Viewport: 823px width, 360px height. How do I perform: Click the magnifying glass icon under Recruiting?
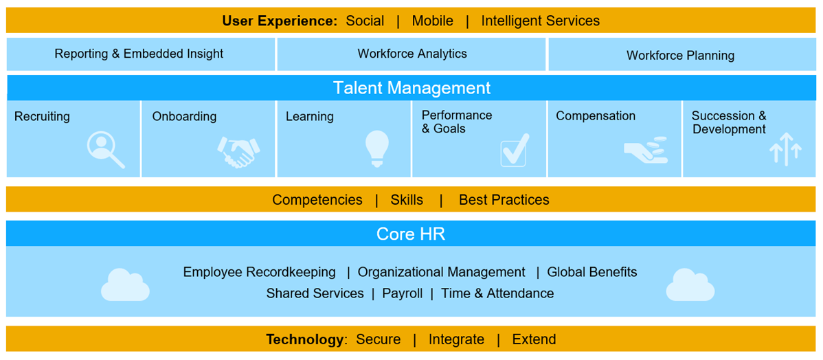point(106,150)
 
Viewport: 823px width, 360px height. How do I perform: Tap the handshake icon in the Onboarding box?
point(238,151)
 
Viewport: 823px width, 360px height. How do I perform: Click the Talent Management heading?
point(411,88)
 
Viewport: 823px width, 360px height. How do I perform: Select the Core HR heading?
point(411,234)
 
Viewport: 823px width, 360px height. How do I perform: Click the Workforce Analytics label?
point(412,54)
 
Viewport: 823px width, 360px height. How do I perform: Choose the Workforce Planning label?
point(680,56)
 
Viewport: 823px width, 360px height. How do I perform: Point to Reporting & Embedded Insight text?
point(139,54)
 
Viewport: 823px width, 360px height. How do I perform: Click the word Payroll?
point(402,293)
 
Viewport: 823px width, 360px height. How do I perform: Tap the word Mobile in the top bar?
point(432,21)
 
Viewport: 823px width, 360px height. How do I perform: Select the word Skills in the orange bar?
point(407,200)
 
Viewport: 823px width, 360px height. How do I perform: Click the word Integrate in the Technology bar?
point(456,339)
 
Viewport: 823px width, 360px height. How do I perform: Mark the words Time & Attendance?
point(497,293)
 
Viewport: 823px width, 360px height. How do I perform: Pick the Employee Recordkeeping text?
point(259,272)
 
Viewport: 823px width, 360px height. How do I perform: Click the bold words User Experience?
point(279,21)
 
